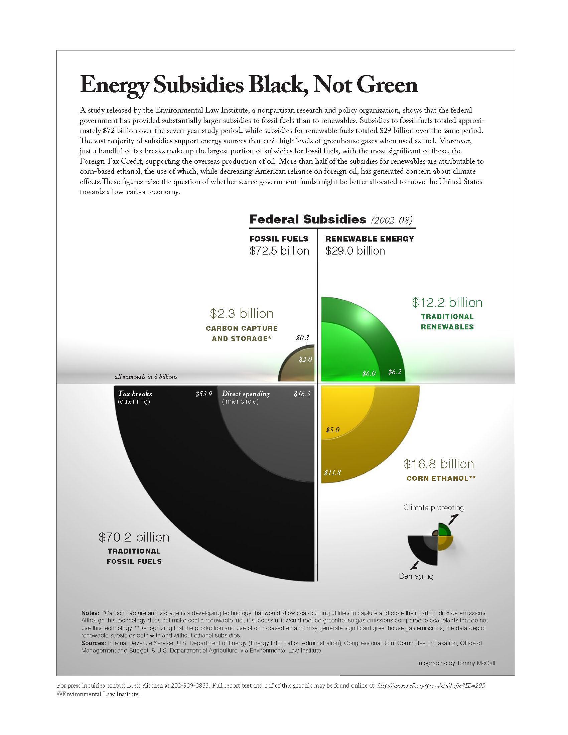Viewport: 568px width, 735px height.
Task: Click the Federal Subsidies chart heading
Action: tap(307, 219)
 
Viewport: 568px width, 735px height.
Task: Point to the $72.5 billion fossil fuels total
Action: tap(279, 251)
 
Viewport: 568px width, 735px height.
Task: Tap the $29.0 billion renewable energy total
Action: tap(355, 251)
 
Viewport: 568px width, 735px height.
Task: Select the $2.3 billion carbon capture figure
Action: tap(242, 314)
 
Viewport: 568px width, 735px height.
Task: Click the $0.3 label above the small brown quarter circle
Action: tap(302, 337)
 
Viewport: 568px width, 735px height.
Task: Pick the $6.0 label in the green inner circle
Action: tap(369, 373)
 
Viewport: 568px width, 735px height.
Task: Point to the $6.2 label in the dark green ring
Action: tap(395, 372)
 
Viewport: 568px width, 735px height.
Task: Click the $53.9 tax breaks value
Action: tap(204, 394)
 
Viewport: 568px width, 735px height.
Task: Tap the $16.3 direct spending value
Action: tap(302, 394)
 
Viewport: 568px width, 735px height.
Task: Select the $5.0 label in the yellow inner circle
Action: tap(333, 430)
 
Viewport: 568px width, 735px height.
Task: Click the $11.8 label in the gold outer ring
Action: tap(332, 473)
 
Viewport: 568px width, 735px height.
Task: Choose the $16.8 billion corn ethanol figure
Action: tap(439, 464)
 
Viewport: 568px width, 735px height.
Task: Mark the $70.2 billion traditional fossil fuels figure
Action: tap(134, 537)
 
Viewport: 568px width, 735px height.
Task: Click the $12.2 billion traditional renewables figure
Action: tap(447, 303)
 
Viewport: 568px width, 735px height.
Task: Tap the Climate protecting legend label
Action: tap(434, 507)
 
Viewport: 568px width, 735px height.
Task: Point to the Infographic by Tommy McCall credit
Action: tap(456, 663)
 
